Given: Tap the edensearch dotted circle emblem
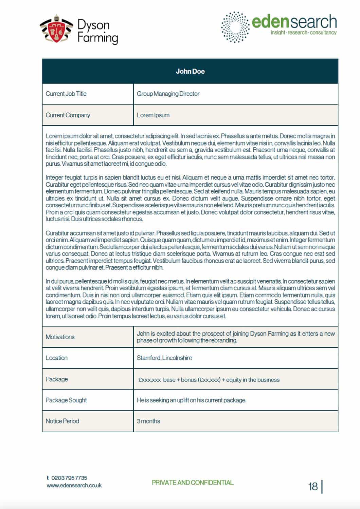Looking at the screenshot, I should [235, 27].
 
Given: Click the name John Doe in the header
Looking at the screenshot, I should [190, 71].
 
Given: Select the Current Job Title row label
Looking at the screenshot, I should [66, 94].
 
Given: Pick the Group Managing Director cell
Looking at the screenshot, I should [168, 94].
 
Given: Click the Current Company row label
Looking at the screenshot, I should [68, 115].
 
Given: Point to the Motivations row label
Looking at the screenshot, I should [60, 337].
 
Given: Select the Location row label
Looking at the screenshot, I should [57, 358].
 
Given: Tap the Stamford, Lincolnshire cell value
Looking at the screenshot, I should [164, 358].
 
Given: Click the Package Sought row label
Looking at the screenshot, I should [66, 400].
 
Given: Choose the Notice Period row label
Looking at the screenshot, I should [62, 421].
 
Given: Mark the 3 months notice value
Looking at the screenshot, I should [148, 421].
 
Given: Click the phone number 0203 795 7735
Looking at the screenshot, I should [69, 478].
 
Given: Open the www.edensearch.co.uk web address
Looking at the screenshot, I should [74, 486].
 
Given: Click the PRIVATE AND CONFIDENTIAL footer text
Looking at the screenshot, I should [193, 483].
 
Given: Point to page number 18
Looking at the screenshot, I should [313, 487].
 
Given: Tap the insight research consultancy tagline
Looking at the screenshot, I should [303, 33].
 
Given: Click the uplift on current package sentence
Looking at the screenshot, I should [192, 400].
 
